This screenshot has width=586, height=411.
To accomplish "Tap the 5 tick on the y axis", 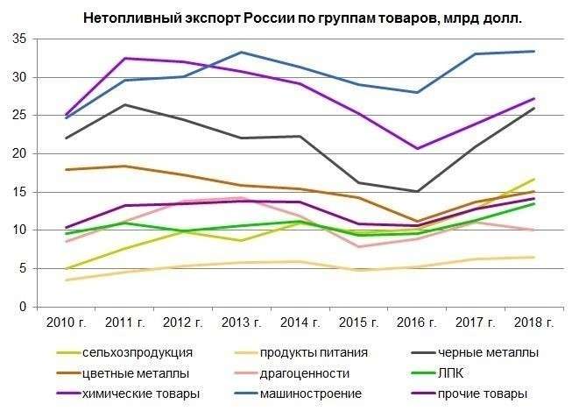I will point(19,268).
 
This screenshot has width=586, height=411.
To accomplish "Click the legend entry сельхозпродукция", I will point(135,353).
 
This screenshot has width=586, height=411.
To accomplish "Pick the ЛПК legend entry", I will point(453,372).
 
